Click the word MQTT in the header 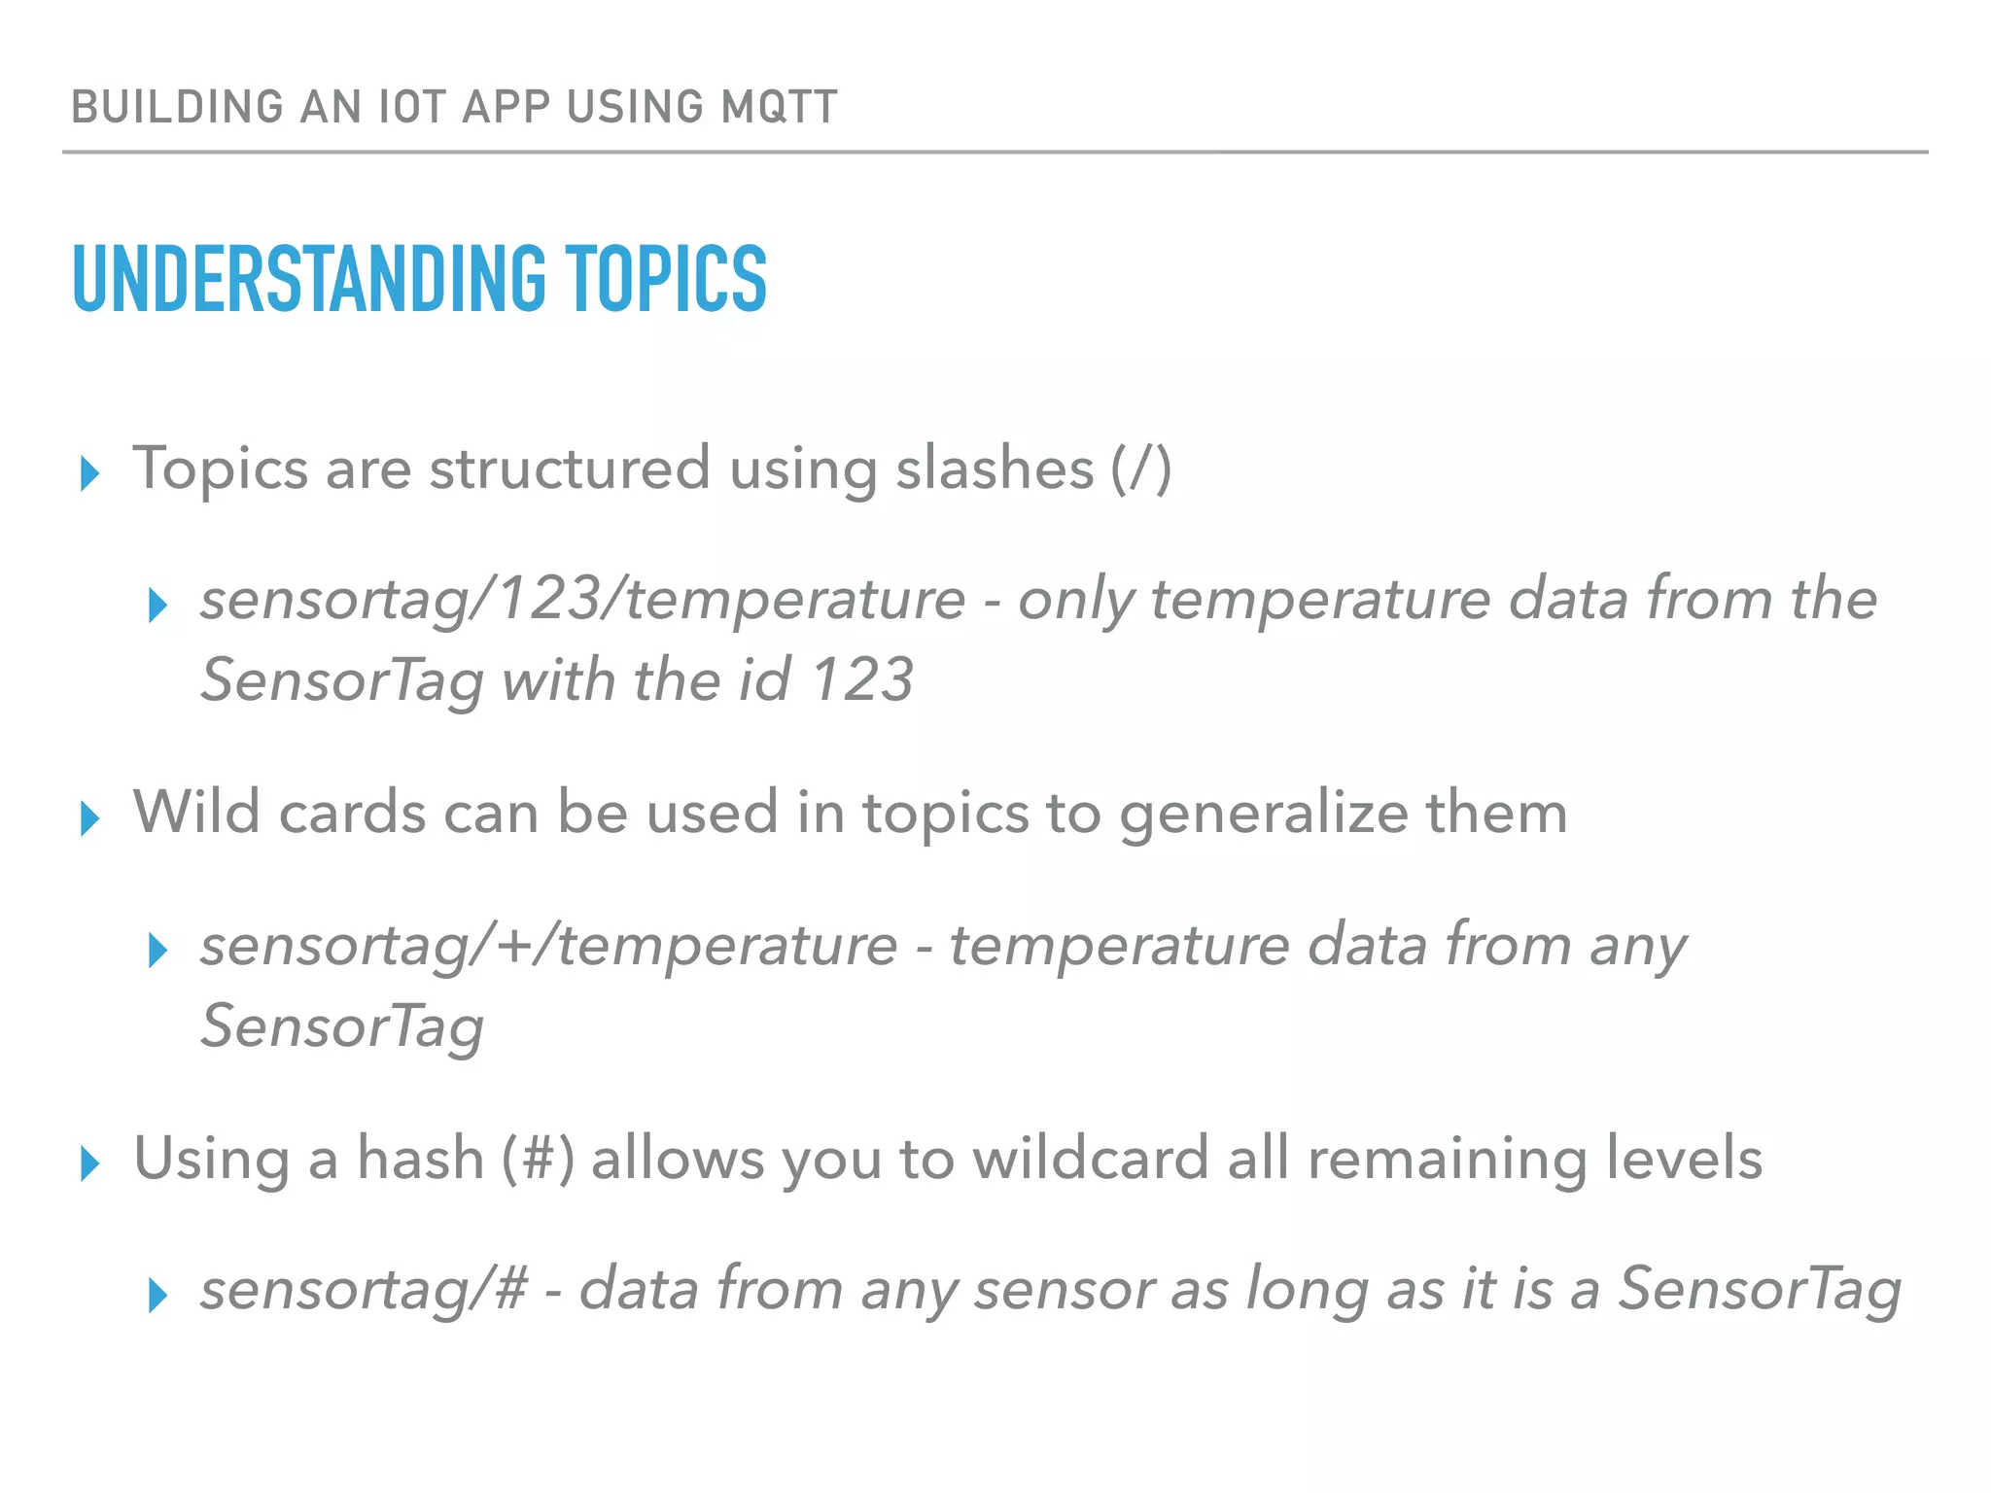779,107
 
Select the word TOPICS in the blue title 666,279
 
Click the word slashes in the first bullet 994,469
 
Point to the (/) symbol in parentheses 1141,469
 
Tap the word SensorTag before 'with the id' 341,679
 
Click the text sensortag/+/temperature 548,945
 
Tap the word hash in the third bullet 420,1158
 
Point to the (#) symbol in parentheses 538,1159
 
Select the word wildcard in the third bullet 1090,1158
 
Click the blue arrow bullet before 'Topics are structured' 90,473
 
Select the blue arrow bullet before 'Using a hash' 90,1163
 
